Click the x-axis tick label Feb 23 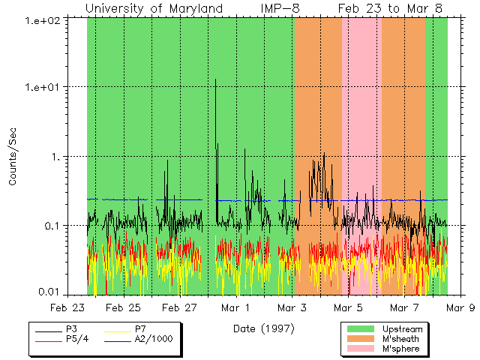click(68, 307)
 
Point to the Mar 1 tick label click(236, 307)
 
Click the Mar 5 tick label click(349, 307)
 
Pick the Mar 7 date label click(405, 307)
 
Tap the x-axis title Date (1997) click(263, 328)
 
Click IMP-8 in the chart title click(281, 7)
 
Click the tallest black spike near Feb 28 click(216, 79)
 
